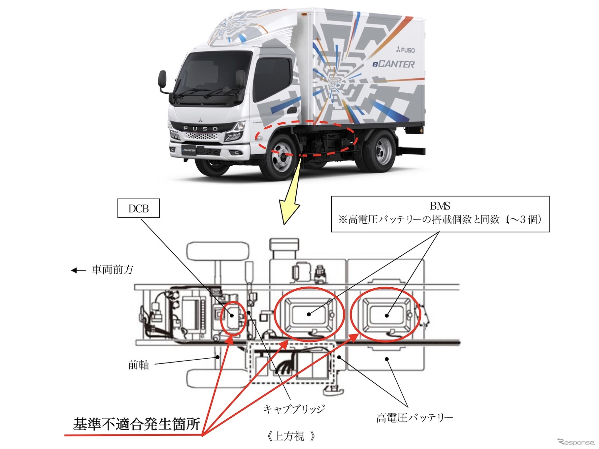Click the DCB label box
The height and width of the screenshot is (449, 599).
click(x=138, y=208)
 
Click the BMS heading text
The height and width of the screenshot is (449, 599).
click(x=440, y=206)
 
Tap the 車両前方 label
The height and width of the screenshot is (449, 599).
click(x=112, y=270)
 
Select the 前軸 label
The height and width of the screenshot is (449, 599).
click(x=138, y=365)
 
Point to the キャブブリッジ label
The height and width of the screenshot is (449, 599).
click(x=294, y=409)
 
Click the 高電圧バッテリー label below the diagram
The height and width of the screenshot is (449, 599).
click(x=414, y=418)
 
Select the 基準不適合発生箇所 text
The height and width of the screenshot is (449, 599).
click(x=136, y=424)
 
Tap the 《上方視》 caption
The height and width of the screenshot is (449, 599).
click(x=290, y=436)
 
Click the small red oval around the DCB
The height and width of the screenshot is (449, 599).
click(x=233, y=318)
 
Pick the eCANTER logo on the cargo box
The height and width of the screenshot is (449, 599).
click(x=393, y=64)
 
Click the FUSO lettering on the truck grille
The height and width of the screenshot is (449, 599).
click(x=200, y=129)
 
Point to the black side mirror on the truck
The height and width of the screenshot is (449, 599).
click(x=162, y=81)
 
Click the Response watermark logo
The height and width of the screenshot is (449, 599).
click(x=576, y=442)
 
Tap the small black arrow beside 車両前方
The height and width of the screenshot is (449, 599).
click(x=78, y=271)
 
